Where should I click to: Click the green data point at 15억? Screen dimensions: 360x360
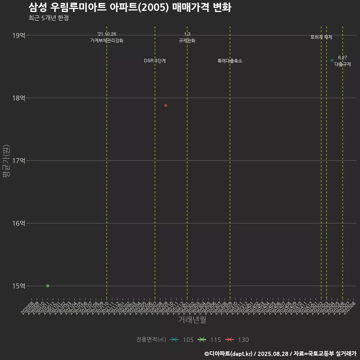pos(48,286)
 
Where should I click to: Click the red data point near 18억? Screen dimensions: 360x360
pos(166,105)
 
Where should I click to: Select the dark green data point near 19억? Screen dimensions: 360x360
pos(332,60)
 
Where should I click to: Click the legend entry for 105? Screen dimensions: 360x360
pos(181,340)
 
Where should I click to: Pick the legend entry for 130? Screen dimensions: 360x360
pos(237,340)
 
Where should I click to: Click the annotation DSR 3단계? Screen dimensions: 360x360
pos(155,61)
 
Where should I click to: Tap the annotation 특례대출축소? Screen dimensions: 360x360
pos(230,61)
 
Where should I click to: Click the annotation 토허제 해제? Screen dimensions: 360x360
pos(321,37)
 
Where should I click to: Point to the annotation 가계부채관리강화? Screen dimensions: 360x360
pos(106,40)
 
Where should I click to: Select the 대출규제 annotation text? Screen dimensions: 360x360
pos(343,64)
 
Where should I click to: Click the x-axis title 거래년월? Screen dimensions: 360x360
pos(192,320)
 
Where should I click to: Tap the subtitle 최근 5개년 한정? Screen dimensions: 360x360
pos(48,18)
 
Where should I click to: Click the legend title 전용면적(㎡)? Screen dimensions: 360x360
pos(151,340)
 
